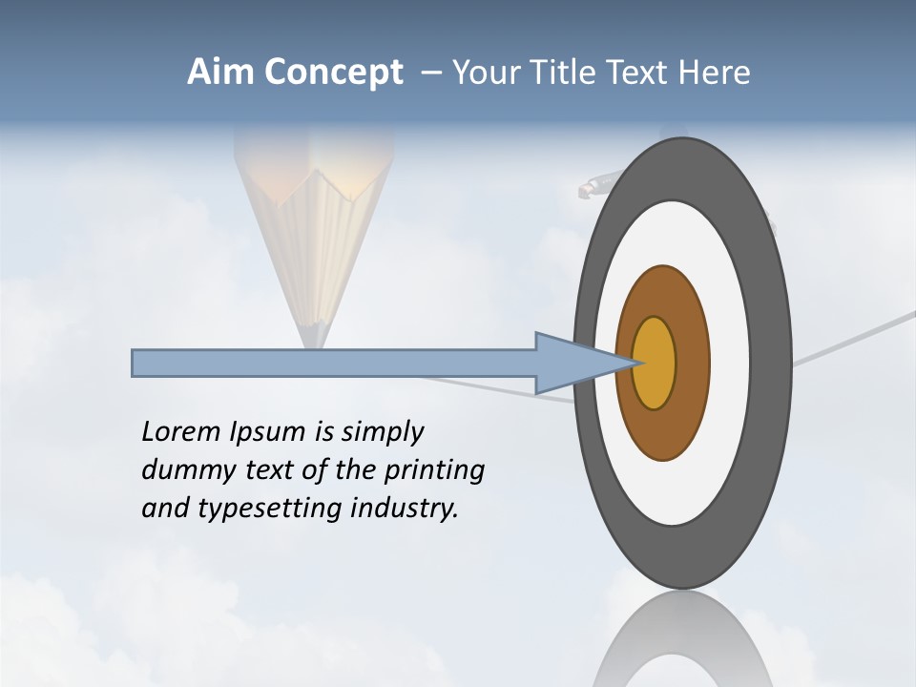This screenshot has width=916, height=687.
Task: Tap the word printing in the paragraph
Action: coord(434,470)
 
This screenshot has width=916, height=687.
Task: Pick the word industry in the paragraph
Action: coord(404,508)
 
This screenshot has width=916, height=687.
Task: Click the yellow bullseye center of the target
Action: coord(655,364)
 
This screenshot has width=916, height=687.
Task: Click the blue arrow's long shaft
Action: coord(334,363)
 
